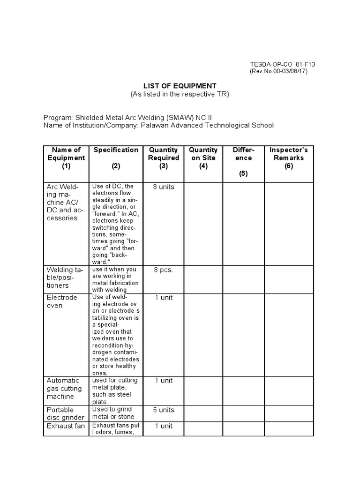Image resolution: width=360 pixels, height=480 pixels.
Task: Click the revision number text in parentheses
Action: point(279,71)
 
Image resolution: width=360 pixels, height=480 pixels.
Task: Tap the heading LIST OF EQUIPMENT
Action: point(180,86)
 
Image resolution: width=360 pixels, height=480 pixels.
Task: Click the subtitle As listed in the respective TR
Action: point(180,94)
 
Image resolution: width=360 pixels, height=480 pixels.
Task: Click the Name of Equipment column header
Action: point(66,158)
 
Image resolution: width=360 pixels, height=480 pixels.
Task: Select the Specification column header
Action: point(116,150)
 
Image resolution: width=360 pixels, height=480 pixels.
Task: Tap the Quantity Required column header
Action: point(163,158)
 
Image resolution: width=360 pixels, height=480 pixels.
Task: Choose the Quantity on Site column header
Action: point(203,158)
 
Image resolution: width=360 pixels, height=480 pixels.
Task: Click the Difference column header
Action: point(243,162)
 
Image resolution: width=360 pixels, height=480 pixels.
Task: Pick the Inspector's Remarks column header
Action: point(288,158)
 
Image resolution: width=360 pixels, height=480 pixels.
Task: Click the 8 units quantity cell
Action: point(163,187)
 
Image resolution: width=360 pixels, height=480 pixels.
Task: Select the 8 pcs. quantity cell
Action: point(163,270)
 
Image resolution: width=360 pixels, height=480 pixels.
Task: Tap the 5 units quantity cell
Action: point(163,410)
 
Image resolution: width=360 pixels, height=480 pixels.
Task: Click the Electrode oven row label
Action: point(62,301)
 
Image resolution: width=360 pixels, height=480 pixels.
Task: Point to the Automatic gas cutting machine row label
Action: point(64,389)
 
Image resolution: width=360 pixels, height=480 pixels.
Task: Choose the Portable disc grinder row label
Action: point(65,413)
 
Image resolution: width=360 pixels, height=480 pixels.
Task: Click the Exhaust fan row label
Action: point(65,426)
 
